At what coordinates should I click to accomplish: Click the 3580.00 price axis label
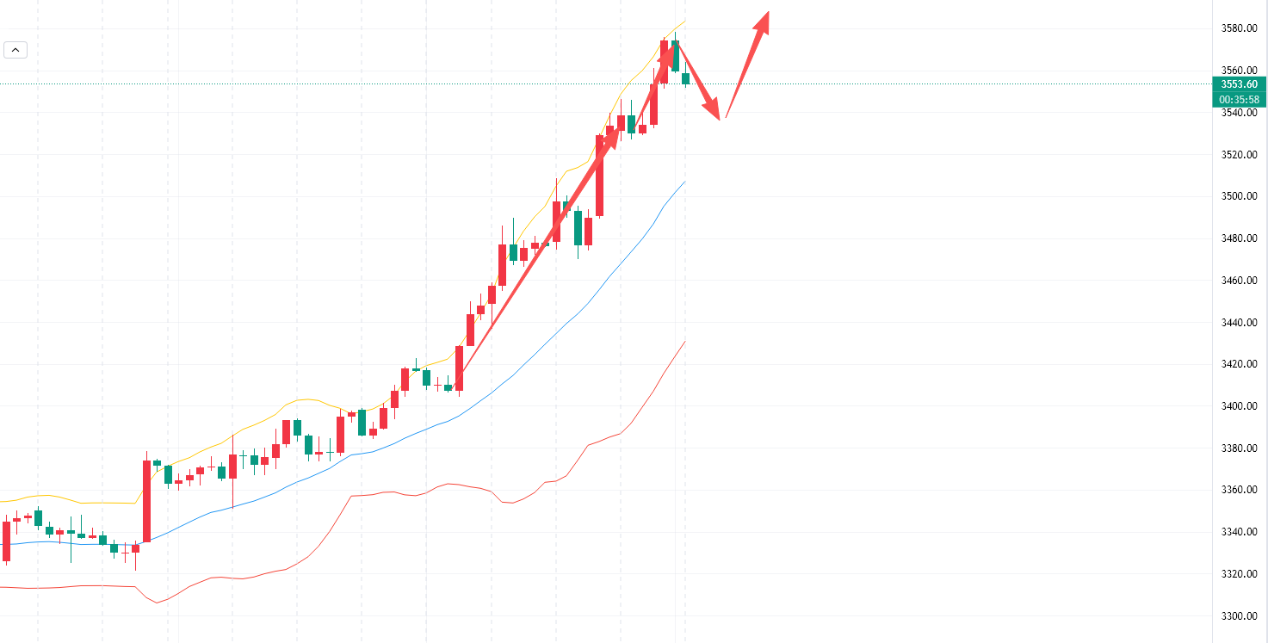(1239, 28)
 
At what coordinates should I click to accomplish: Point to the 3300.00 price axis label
(1239, 616)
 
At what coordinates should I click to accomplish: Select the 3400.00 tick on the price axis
(1239, 406)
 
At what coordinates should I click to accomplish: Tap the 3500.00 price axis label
(1239, 196)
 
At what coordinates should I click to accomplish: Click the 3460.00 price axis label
(1239, 281)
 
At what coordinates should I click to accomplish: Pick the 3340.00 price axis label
(1239, 532)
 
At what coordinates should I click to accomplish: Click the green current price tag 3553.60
(1239, 84)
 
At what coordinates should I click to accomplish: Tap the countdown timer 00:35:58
(1239, 99)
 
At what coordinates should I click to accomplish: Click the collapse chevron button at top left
(15, 50)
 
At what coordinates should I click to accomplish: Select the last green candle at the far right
(686, 78)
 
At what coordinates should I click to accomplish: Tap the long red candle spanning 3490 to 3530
(600, 176)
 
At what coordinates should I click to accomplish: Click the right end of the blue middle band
(685, 182)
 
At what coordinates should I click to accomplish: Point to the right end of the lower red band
(685, 342)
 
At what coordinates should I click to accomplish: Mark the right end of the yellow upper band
(685, 21)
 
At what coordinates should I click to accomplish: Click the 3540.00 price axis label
(1239, 113)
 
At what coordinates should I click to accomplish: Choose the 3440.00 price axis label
(1239, 323)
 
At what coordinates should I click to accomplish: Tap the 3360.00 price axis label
(1239, 490)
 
